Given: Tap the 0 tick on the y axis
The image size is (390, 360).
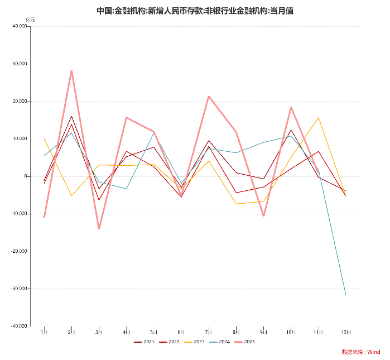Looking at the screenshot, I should [x=26, y=176].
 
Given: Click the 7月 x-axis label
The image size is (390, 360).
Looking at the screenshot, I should [x=209, y=332].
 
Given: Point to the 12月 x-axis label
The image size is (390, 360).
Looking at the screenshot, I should [x=346, y=332].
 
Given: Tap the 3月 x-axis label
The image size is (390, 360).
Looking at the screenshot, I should [x=99, y=332].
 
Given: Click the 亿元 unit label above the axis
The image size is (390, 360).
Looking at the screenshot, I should [x=30, y=20].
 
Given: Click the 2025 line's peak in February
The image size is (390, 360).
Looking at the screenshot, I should [x=71, y=71].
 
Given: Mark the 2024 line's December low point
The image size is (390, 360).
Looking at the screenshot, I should [x=346, y=295].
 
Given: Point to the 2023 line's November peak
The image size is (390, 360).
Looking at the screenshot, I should [x=319, y=118].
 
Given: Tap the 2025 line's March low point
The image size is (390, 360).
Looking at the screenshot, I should [x=99, y=229].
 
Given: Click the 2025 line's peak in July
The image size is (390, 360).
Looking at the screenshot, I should [x=209, y=97].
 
